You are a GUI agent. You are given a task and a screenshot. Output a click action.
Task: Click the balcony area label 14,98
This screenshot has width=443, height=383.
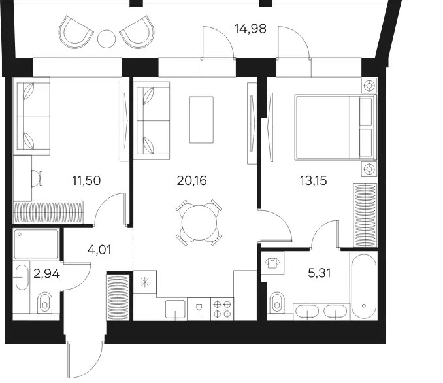pos(250,29)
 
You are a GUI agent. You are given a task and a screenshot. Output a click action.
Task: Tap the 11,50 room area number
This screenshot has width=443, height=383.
pos(86,180)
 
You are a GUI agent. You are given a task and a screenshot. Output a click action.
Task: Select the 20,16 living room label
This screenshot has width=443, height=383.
pos(192,180)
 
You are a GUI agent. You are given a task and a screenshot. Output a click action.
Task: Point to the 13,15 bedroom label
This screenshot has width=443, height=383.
pos(314,180)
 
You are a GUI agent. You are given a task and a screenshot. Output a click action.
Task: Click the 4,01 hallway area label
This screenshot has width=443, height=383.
pos(99,250)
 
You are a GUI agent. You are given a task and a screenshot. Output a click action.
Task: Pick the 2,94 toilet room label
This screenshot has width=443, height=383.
pos(46,274)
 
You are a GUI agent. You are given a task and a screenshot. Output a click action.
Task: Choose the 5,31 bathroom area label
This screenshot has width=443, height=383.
pos(320,273)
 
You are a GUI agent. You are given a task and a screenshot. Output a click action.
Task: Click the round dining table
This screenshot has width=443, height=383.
pos(199,223)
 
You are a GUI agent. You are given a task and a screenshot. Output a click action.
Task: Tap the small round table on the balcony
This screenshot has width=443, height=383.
pos(107,39)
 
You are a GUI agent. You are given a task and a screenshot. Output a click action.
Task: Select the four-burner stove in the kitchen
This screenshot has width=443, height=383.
pos(222,309)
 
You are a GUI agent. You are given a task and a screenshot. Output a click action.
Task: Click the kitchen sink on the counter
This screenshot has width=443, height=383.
pos(176,310)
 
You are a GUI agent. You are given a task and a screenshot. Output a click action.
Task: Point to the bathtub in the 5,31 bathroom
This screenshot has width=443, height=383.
pos(363,286)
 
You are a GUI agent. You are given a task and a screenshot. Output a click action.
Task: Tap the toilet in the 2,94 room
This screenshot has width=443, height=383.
pos(45,302)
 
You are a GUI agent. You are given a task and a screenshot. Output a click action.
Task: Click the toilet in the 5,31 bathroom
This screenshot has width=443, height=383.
pos(277,303)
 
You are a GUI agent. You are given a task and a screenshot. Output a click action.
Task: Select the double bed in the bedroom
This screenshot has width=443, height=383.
pos(336,127)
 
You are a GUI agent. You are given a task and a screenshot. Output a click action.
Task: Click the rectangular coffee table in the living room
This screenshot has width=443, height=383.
pos(201,120)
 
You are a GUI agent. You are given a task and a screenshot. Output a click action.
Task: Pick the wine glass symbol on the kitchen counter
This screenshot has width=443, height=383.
pos(199,308)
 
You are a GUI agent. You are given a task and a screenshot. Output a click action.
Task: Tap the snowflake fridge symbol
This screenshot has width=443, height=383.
pos(144,282)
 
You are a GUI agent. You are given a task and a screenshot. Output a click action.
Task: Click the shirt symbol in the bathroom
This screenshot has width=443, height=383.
pos(272,263)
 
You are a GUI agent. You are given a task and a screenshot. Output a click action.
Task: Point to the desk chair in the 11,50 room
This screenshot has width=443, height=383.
pos(37,178)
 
